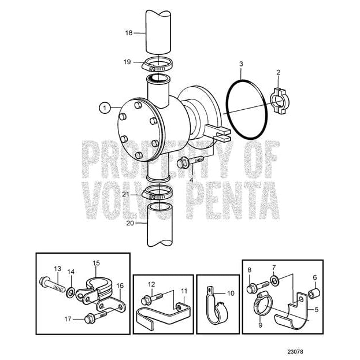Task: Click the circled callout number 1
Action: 104,107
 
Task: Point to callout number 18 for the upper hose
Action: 128,33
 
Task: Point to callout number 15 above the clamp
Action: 97,262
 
